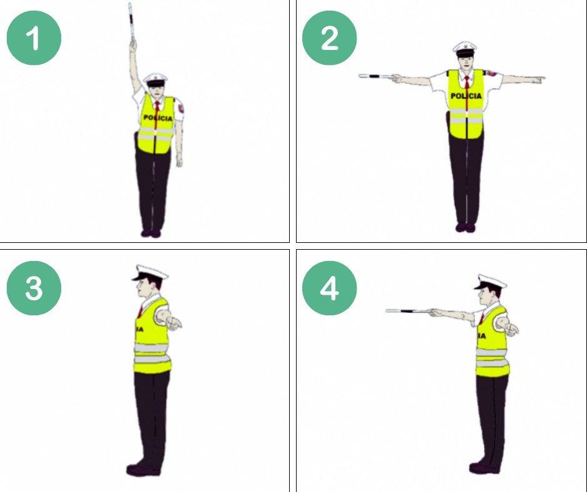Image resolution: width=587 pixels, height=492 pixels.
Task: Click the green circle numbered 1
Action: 34,38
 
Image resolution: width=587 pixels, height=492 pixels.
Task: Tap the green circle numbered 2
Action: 330,38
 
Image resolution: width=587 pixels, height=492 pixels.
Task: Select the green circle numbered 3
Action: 34,288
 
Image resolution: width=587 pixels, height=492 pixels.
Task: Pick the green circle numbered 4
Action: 330,288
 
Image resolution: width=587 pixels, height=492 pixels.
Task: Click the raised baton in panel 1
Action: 131,22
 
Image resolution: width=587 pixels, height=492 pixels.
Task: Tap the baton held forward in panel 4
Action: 408,311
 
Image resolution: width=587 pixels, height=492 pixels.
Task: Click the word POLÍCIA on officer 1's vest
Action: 158,118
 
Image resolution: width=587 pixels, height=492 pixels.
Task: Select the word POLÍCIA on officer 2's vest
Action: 466,96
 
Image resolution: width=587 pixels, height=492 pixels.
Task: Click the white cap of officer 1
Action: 155,79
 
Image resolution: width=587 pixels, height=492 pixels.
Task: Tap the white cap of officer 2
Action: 465,48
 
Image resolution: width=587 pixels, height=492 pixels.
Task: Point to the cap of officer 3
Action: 150,273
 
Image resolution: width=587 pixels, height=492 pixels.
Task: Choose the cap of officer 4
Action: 490,282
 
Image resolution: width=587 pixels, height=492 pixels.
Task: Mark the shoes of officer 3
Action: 144,470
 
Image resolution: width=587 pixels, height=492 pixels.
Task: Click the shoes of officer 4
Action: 484,468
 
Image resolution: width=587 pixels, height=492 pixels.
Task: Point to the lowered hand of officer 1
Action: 179,160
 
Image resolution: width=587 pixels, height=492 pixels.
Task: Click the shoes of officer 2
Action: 466,227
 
